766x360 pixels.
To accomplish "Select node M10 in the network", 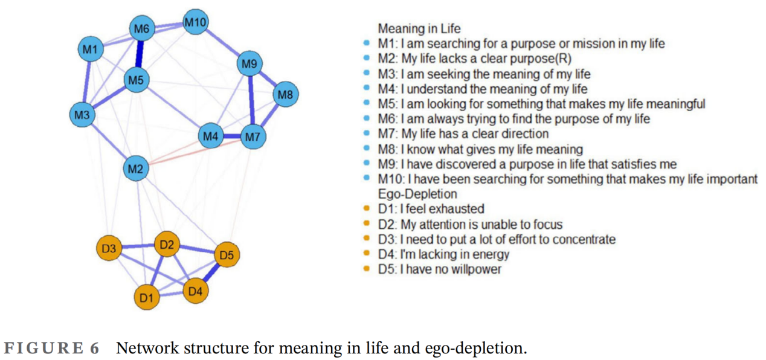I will (x=196, y=23).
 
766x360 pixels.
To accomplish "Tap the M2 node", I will (x=136, y=169).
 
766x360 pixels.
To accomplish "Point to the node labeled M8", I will (x=285, y=94).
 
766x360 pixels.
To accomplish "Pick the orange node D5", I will (x=226, y=256).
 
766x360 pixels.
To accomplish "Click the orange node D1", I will (x=147, y=297).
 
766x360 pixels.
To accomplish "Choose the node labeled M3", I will (x=83, y=114).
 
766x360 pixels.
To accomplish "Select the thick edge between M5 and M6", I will (x=140, y=54).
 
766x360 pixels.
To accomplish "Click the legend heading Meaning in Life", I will (x=419, y=28).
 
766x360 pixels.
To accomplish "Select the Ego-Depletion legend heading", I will (x=417, y=194).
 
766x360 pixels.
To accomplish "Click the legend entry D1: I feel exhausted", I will (x=431, y=209).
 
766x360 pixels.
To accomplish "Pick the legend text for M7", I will (x=463, y=134).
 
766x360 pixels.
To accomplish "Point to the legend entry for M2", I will (x=474, y=59).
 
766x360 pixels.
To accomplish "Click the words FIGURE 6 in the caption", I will (x=52, y=349).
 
